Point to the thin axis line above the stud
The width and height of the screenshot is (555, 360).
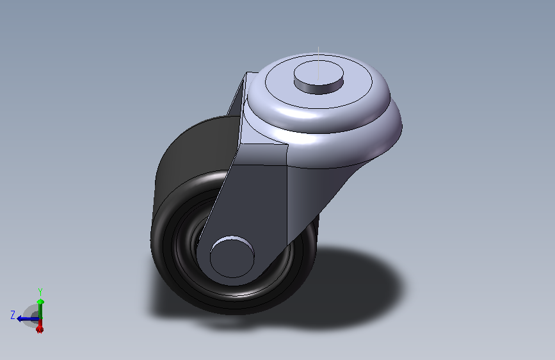pyautogui.click(x=318, y=54)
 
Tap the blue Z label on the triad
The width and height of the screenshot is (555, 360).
pyautogui.click(x=13, y=315)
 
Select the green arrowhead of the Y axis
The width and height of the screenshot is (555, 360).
pyautogui.click(x=40, y=300)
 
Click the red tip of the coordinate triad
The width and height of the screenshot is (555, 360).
pyautogui.click(x=40, y=329)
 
